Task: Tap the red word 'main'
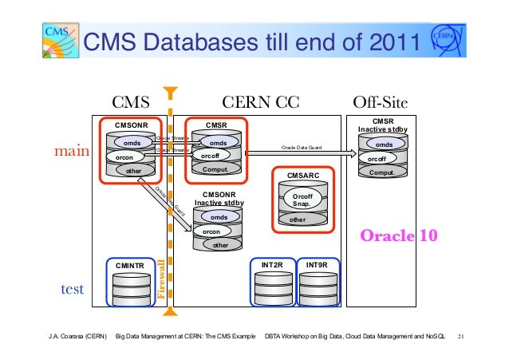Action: pyautogui.click(x=70, y=150)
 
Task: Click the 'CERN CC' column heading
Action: pyautogui.click(x=259, y=102)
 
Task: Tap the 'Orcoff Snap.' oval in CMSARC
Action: pyautogui.click(x=302, y=197)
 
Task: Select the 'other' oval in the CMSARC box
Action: pyautogui.click(x=298, y=220)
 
